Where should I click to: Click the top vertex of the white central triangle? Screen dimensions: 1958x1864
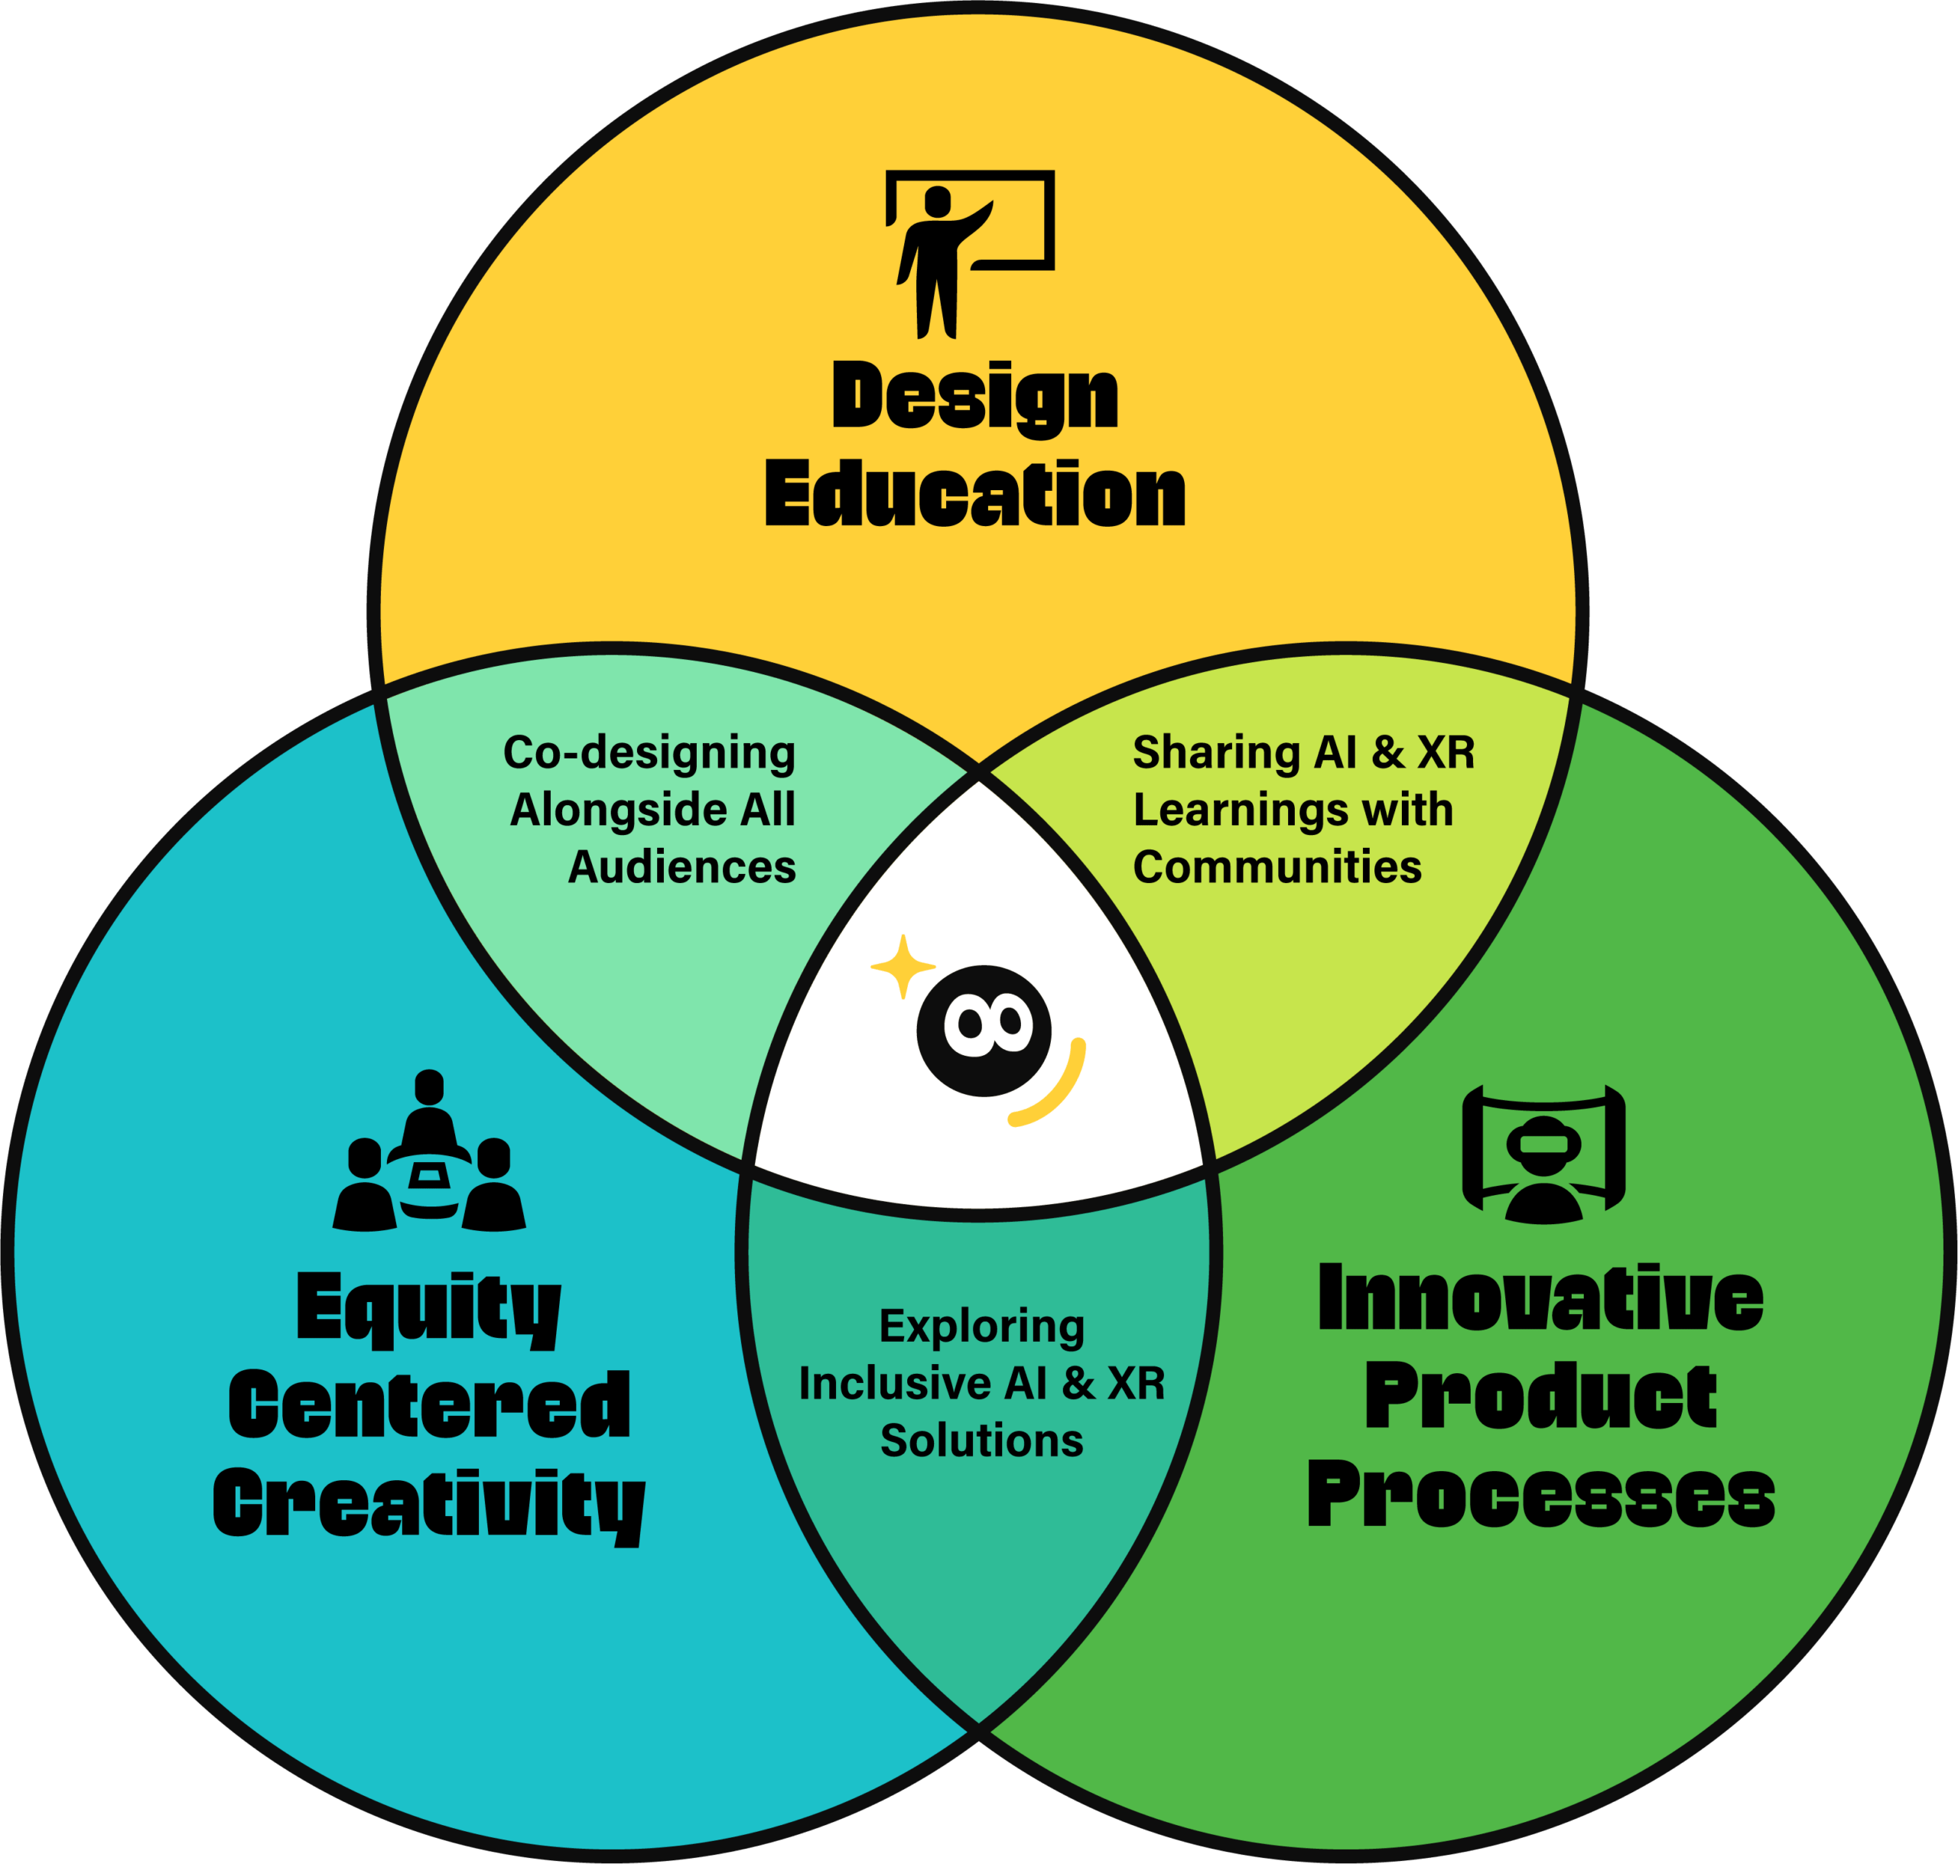(979, 773)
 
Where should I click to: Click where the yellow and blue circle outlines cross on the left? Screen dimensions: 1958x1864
(379, 689)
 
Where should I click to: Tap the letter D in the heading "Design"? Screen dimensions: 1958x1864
(857, 395)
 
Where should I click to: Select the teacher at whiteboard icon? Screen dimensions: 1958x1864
(970, 255)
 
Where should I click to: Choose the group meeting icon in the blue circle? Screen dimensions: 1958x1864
(429, 1151)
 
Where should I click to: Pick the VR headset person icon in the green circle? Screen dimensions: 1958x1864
(1543, 1154)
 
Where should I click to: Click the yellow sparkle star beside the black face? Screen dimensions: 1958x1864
(903, 966)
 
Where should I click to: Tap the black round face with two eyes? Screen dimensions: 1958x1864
(983, 1031)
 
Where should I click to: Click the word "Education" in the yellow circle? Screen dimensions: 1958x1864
(975, 494)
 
